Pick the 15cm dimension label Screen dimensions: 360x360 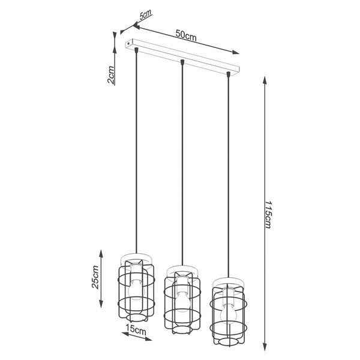135,329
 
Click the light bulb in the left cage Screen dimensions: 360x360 137,286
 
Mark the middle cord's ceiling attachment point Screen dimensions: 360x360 182,62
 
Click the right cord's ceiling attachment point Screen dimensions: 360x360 228,74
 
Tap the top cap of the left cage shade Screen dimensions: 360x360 137,258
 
